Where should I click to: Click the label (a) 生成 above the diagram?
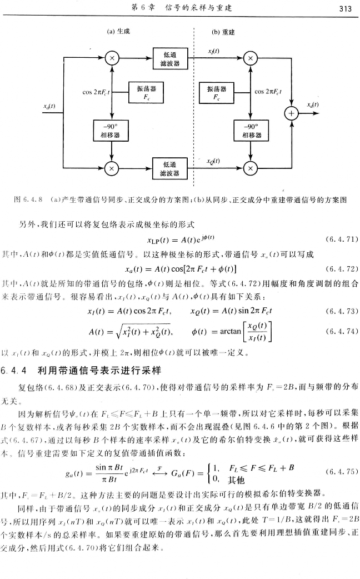(x=118, y=32)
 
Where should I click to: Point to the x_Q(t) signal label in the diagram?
(x=212, y=161)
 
